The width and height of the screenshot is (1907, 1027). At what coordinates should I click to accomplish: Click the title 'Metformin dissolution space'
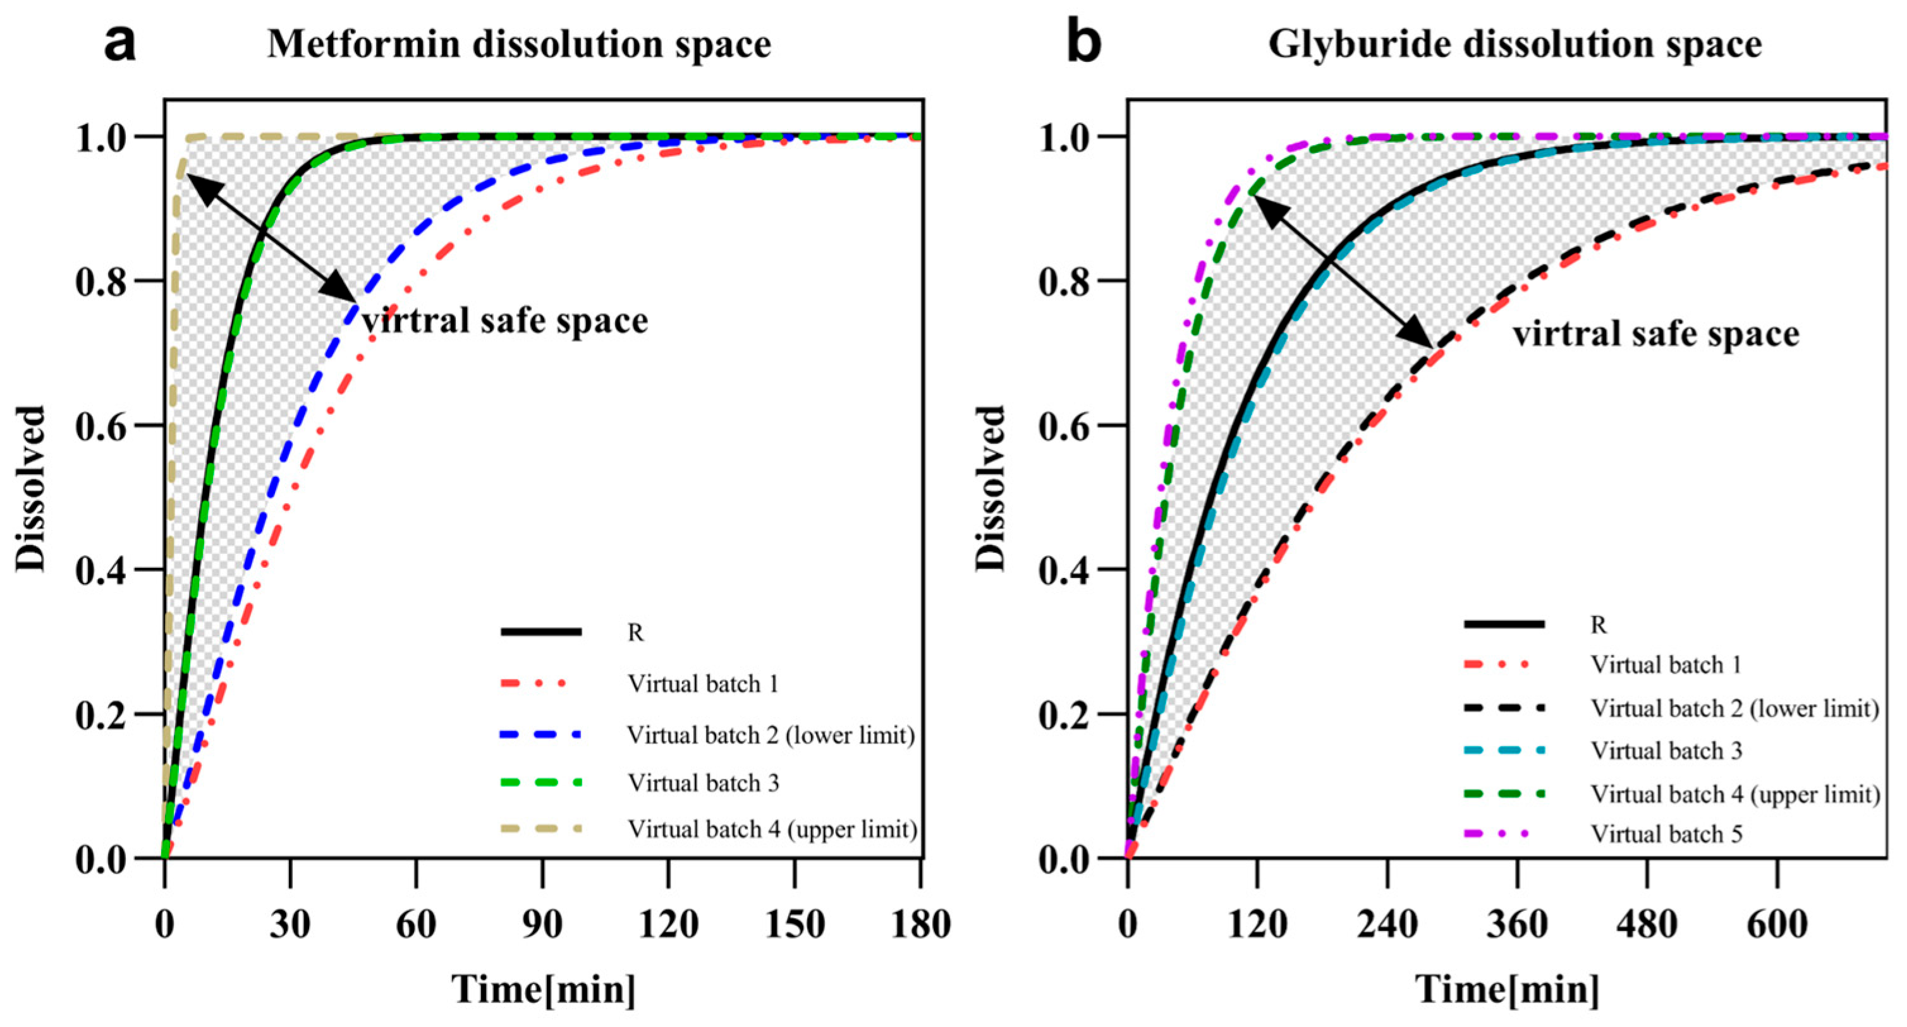519,44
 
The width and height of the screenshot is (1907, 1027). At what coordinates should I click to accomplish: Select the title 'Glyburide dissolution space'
1514,44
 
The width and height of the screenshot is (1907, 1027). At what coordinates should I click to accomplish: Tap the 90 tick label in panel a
542,925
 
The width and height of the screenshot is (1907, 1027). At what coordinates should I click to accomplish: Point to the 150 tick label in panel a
795,925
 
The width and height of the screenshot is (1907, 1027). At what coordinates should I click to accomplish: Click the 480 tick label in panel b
1647,925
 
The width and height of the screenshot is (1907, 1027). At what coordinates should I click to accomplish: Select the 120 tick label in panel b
1257,925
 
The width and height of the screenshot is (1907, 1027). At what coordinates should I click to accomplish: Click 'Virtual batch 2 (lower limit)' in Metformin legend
771,735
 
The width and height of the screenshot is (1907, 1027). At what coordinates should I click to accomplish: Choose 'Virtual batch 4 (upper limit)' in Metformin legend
772,829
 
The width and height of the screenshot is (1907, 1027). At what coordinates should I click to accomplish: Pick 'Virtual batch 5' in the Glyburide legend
1666,834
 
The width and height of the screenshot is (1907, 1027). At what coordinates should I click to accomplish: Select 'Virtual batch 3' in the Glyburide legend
1666,751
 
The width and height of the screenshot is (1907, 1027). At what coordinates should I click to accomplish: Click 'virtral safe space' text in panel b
1655,335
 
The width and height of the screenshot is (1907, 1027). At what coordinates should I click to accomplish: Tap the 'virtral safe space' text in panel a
505,321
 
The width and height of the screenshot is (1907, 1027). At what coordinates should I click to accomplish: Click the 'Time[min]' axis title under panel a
544,990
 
